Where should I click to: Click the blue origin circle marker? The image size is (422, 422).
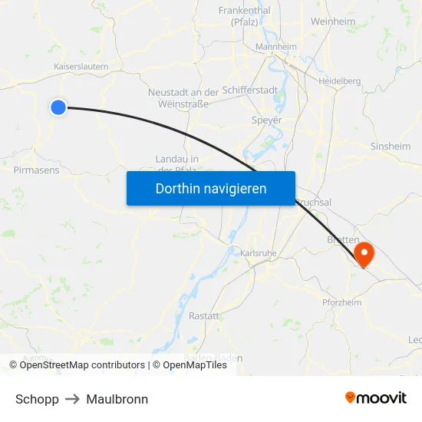click(58, 107)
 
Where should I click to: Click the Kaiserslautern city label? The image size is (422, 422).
click(81, 67)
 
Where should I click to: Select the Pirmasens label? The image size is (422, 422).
click(36, 170)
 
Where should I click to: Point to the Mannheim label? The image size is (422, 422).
click(275, 47)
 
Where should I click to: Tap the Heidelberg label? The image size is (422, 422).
click(340, 81)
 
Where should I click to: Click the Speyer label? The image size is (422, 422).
click(266, 120)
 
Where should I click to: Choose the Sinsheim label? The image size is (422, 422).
click(391, 146)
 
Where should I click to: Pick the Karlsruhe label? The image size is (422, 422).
click(257, 252)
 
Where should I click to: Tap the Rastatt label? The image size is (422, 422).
click(203, 316)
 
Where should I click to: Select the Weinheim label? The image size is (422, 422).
click(333, 22)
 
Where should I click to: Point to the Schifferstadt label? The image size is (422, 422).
click(250, 91)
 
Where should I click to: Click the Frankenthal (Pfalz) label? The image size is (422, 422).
click(244, 16)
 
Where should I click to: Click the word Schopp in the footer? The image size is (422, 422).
click(37, 399)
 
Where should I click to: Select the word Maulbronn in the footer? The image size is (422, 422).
click(117, 399)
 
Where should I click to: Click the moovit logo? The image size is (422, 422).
click(375, 397)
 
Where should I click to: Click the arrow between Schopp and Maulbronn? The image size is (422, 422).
click(73, 399)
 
